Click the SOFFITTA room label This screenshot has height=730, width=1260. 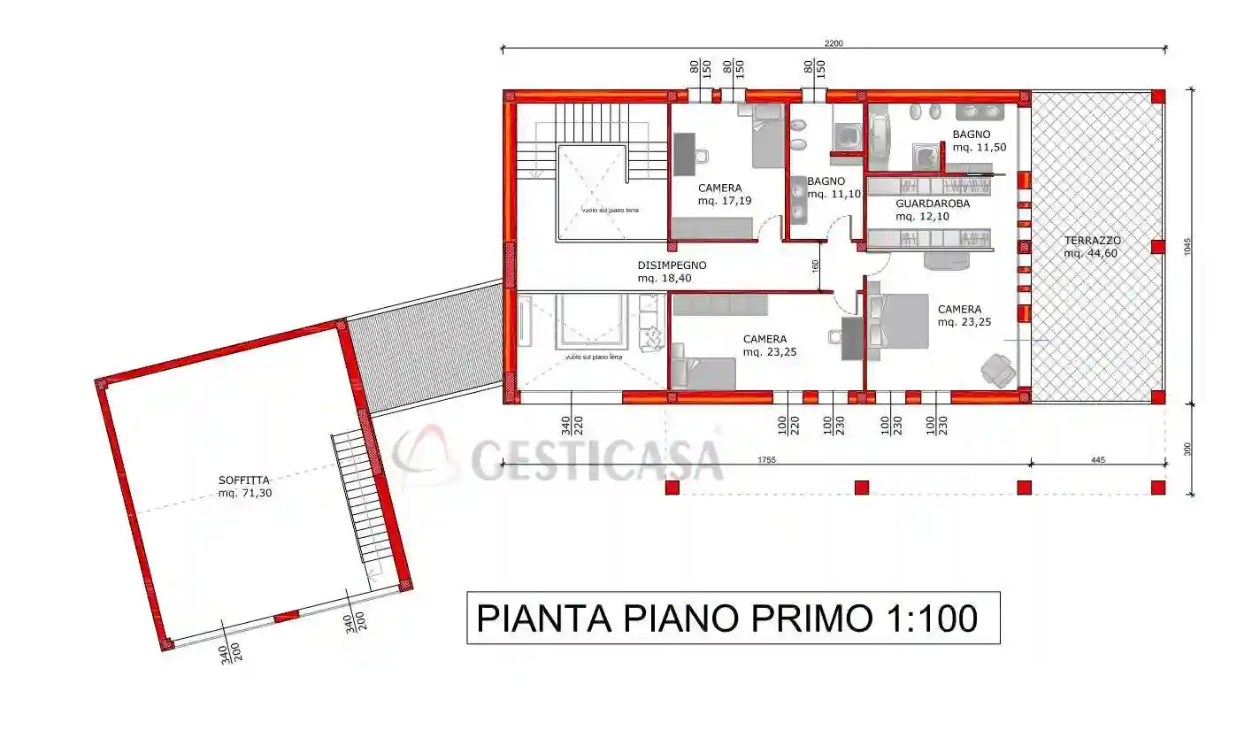click(x=244, y=480)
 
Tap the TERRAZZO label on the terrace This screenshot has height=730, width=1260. click(x=1092, y=241)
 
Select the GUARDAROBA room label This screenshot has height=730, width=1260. click(x=932, y=204)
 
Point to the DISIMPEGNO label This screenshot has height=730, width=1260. click(x=672, y=265)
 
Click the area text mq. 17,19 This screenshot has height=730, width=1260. click(x=718, y=201)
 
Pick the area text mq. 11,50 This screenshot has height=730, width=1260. click(x=979, y=148)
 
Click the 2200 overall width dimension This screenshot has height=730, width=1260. click(x=834, y=43)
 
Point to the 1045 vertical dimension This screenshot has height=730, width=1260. click(x=1188, y=245)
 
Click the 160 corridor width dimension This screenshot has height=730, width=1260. click(x=815, y=265)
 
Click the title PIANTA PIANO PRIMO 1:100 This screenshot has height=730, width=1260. click(x=733, y=618)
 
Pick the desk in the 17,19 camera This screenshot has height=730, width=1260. click(x=684, y=155)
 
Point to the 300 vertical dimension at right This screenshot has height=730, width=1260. click(x=1188, y=450)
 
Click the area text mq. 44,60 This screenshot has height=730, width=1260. click(x=1092, y=254)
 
